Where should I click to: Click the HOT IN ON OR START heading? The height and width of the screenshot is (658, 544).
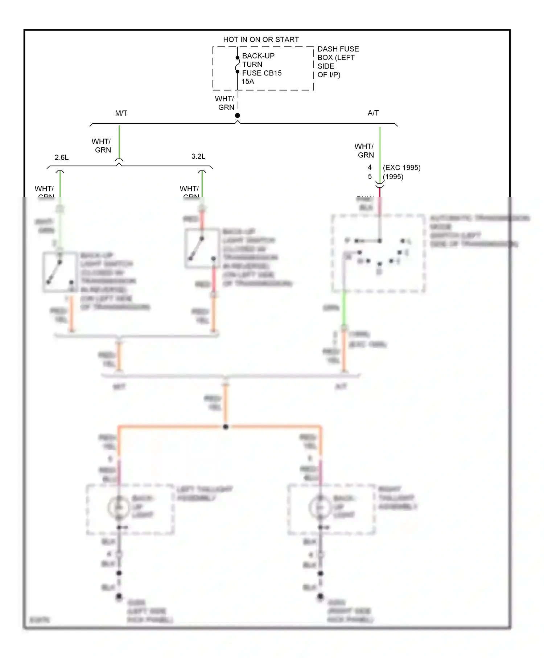261,40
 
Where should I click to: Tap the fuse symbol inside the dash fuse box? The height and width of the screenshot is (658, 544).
237,65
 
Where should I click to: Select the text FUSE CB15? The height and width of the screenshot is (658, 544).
261,73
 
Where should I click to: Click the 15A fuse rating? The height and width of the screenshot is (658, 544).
248,82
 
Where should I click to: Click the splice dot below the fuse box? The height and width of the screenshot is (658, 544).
237,115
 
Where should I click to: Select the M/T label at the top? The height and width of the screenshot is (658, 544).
121,113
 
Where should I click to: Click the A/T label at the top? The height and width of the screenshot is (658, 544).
373,113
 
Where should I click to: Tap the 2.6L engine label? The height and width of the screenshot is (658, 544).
62,157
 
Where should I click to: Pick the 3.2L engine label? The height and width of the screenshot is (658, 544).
198,156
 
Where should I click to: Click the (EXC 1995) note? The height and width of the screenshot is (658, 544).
401,168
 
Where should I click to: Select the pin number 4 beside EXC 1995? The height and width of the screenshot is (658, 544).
370,167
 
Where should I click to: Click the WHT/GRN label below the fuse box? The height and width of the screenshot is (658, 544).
225,103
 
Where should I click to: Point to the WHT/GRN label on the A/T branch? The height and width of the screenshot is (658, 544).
364,151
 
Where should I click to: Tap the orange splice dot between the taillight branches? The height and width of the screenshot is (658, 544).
226,427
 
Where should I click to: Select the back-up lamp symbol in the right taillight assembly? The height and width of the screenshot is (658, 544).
320,507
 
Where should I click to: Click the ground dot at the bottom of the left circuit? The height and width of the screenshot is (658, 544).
119,596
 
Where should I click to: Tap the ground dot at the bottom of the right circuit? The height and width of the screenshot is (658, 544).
320,596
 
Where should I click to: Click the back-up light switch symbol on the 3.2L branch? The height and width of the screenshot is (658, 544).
202,248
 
